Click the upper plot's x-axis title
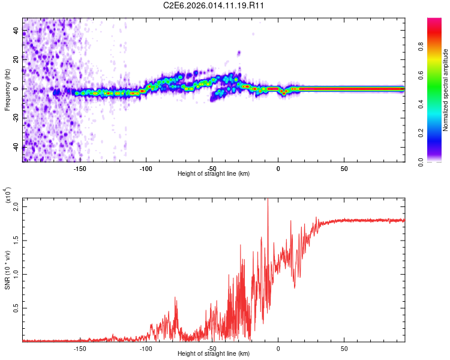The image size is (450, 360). point(214,173)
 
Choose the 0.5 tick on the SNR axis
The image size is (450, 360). point(17,308)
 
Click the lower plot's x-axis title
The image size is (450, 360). point(214,354)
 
